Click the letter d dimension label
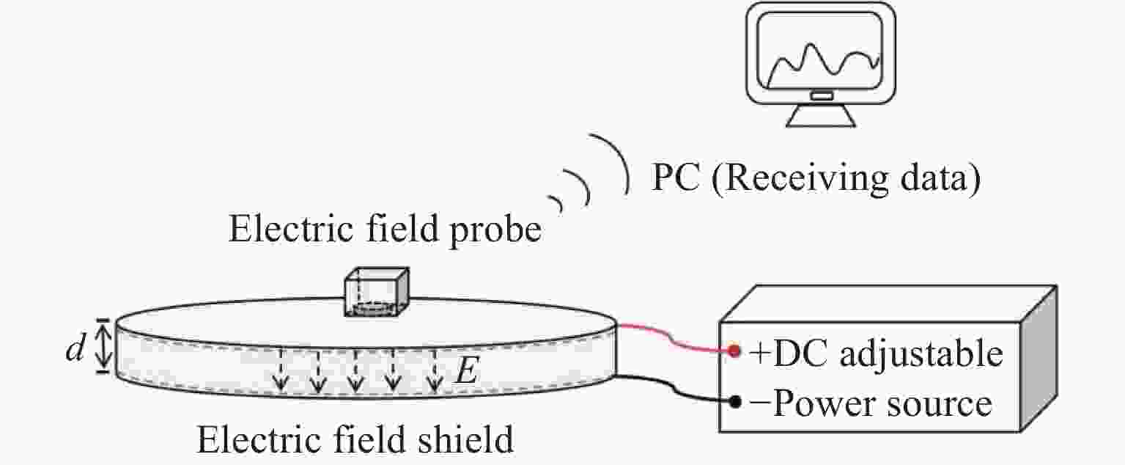click(74, 350)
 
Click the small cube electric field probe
click(376, 291)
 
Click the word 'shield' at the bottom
click(462, 441)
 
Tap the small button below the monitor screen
click(821, 96)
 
